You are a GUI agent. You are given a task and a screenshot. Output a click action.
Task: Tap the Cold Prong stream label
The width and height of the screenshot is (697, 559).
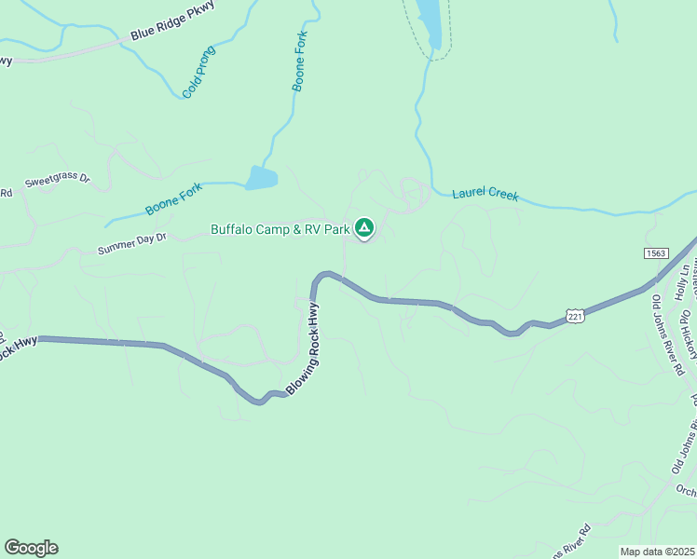tap(198, 72)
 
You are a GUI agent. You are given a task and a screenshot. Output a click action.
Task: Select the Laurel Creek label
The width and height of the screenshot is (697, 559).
tap(485, 195)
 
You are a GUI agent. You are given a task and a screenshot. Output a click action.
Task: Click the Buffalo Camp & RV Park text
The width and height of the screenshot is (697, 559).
tap(280, 228)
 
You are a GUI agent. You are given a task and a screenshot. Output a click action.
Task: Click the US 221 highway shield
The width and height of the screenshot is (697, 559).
tap(575, 316)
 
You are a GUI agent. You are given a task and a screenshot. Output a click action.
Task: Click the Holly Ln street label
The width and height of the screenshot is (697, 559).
tap(683, 280)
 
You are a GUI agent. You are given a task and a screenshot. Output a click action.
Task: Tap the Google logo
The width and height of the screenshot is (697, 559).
tap(31, 548)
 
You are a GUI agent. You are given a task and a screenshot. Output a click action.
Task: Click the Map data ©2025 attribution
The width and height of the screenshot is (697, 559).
tap(657, 552)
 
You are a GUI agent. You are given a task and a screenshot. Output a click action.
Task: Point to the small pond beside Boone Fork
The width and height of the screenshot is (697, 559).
tap(261, 177)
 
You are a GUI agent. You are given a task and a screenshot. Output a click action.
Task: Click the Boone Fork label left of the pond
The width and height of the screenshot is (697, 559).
tap(173, 198)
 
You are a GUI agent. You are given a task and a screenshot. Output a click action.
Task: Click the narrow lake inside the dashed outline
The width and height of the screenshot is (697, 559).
tap(430, 20)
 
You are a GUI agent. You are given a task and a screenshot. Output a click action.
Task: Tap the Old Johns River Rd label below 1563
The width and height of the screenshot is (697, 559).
tap(667, 335)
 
